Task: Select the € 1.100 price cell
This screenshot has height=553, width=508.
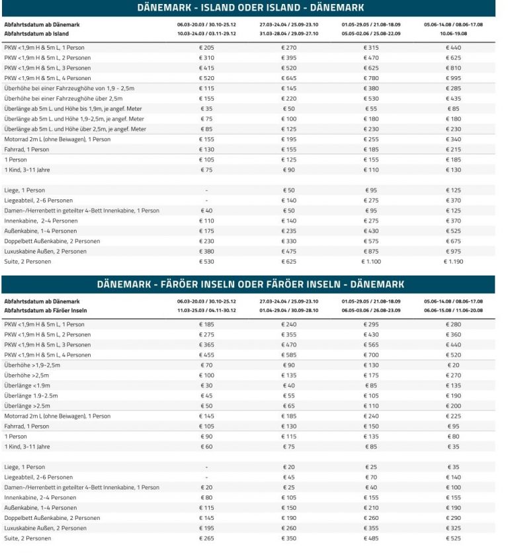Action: pyautogui.click(x=371, y=262)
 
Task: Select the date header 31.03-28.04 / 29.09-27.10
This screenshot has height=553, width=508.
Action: pyautogui.click(x=289, y=32)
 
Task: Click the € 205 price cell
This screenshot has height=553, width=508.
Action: pyautogui.click(x=207, y=48)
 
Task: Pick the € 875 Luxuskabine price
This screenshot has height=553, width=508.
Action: pyautogui.click(x=371, y=251)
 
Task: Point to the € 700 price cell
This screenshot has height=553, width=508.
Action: pyautogui.click(x=371, y=355)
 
